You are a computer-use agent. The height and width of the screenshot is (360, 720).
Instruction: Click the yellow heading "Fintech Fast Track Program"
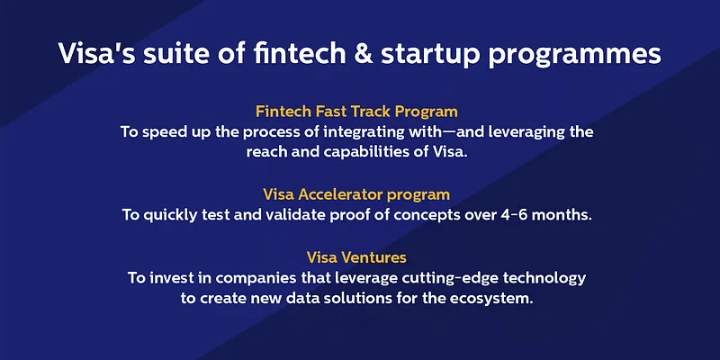click(x=356, y=112)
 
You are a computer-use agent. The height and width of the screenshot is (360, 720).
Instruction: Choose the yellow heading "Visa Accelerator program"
click(x=356, y=193)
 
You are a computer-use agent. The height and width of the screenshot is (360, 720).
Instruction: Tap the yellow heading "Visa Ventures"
click(x=356, y=256)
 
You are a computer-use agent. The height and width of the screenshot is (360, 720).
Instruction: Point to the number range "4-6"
click(x=501, y=214)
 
